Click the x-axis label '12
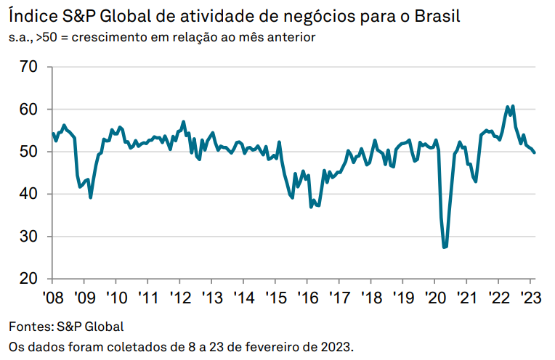pyautogui.click(x=179, y=298)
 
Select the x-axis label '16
pyautogui.click(x=307, y=298)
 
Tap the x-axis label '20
pyautogui.click(x=434, y=298)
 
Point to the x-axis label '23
pyautogui.click(x=530, y=298)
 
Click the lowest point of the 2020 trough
pyautogui.click(x=445, y=247)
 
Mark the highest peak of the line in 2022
pyautogui.click(x=513, y=106)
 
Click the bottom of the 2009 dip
pyautogui.click(x=90, y=197)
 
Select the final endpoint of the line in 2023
pyautogui.click(x=535, y=152)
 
